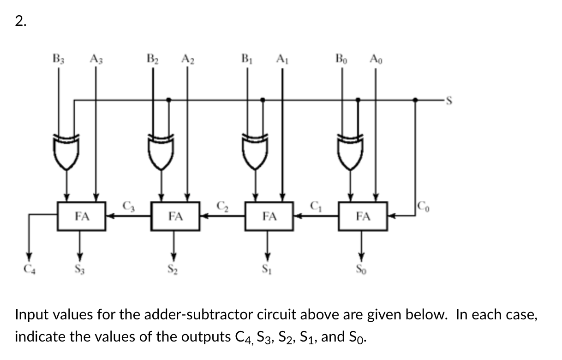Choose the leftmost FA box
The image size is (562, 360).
(82, 216)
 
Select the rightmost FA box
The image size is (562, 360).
(363, 216)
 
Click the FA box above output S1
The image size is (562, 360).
(269, 216)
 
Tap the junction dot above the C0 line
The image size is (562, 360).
(415, 99)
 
